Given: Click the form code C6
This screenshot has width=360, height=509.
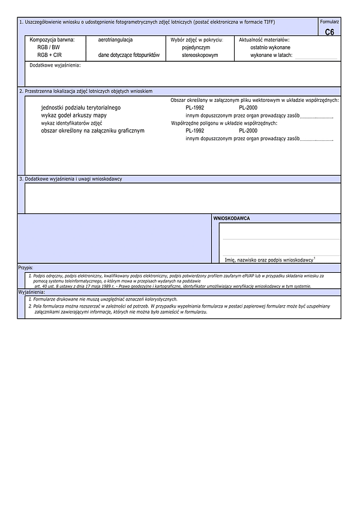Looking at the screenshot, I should pos(329,32).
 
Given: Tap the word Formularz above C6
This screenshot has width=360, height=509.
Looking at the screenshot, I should pos(329,22).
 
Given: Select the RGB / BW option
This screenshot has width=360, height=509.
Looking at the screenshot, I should pos(49,47).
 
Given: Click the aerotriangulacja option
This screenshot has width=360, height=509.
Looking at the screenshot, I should pos(115,39).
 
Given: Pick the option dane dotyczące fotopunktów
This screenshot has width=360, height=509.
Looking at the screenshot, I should pos(129,55).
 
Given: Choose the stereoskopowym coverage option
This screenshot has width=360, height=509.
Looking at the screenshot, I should pos(200,55).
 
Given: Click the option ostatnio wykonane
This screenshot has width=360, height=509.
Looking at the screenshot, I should pos(271,47).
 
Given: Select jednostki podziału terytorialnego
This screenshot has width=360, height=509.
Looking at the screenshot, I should pos(80,107).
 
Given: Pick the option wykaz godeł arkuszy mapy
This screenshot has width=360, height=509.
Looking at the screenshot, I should pos(74,115).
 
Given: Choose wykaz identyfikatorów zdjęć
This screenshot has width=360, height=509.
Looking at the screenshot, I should pos(71,122).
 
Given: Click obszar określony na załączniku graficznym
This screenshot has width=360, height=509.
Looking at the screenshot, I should pos(92,130).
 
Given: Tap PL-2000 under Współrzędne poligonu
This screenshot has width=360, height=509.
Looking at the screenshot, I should pos(248,130).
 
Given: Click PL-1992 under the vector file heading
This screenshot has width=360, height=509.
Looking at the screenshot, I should pos(195,107).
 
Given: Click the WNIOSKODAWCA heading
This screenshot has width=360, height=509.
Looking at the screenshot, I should pos(232,218).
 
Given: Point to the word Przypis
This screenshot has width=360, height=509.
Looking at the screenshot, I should pos(25,268).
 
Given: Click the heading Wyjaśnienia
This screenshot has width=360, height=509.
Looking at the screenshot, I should pos(31,291).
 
